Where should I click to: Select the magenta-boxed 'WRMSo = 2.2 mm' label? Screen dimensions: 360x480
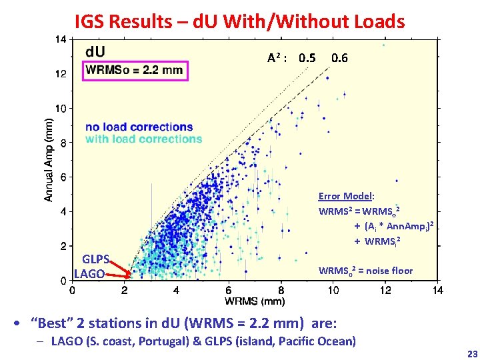pos(136,69)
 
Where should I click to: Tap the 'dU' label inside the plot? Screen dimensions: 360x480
pos(95,51)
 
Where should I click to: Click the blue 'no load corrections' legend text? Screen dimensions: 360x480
pos(139,127)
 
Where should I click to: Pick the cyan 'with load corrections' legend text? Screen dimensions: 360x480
pos(143,139)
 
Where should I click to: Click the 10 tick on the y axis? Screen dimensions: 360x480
pos(61,109)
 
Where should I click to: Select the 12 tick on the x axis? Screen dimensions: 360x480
pos(385,290)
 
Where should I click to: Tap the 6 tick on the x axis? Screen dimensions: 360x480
pos(228,290)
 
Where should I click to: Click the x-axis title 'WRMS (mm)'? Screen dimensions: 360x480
pos(254,301)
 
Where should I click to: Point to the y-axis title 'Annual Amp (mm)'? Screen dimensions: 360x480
pos(49,160)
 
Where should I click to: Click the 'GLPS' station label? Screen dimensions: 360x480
pos(95,260)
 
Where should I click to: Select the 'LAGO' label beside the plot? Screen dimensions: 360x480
pos(89,273)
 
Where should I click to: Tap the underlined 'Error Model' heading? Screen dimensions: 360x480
pos(345,196)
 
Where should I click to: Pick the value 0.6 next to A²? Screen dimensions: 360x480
pos(339,58)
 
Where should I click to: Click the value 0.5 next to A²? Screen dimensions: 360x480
pos(307,58)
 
